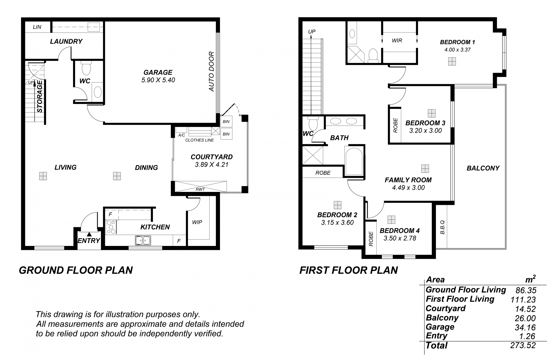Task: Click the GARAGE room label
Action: [158, 72]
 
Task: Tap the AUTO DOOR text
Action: [212, 72]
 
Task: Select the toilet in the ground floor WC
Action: [86, 68]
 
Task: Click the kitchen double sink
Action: [143, 240]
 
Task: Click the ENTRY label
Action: [89, 241]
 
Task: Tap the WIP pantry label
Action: [197, 222]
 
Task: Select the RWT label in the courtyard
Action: [200, 189]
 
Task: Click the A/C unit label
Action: [181, 135]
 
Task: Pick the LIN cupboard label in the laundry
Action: [37, 27]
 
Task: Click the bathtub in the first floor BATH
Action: [354, 161]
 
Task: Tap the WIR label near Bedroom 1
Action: [397, 41]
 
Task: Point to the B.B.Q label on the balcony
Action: [442, 227]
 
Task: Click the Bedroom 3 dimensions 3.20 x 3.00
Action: [425, 130]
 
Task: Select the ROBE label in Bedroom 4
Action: [371, 239]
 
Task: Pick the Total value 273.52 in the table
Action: [523, 345]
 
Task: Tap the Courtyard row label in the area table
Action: [446, 309]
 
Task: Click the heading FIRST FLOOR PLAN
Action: [349, 270]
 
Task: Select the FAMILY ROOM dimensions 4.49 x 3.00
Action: [408, 188]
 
